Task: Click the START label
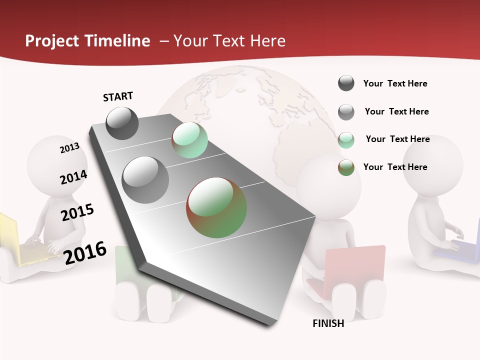118,96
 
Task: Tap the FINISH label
328,323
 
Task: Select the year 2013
69,147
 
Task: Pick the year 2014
73,177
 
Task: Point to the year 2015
77,212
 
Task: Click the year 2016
85,252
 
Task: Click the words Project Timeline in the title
87,41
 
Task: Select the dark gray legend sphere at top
346,83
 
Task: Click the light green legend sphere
346,139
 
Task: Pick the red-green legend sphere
346,167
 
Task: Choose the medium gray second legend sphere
346,112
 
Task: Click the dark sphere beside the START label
122,123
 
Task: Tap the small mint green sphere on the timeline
189,140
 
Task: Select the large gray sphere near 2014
145,180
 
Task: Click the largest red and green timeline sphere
216,207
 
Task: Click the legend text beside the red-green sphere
395,167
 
